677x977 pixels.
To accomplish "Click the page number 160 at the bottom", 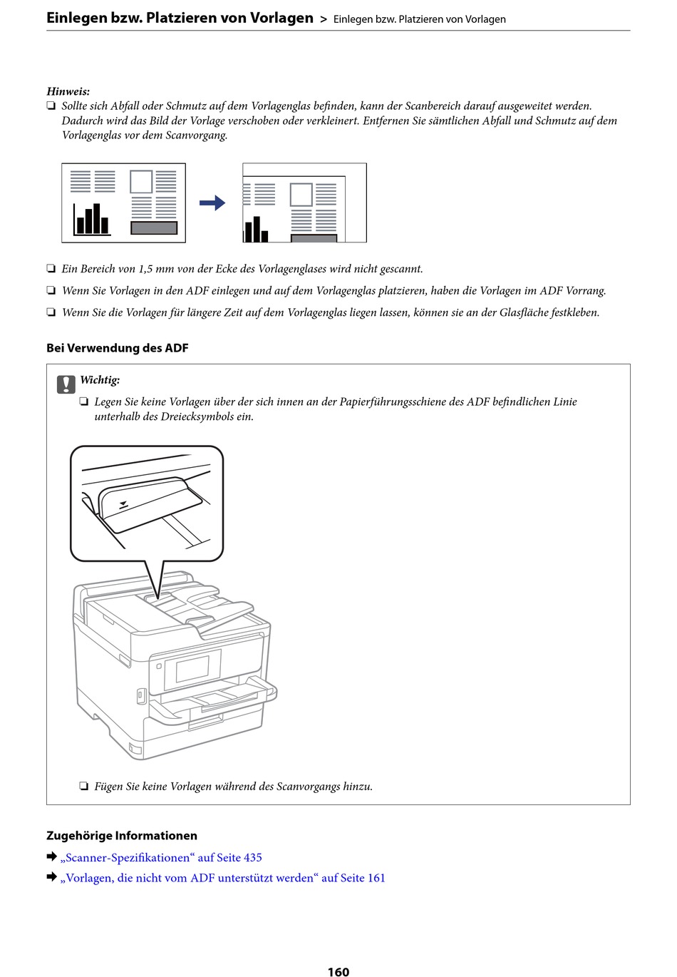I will (x=338, y=971).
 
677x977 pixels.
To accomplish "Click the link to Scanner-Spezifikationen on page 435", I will (x=161, y=857).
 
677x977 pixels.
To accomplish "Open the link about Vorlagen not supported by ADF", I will (x=222, y=878).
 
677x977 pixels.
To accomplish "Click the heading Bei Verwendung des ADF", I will (x=118, y=348).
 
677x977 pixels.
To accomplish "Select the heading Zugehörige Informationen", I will (x=122, y=836).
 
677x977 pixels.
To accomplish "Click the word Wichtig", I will (x=100, y=380).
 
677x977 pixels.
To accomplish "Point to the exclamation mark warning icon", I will (x=66, y=384).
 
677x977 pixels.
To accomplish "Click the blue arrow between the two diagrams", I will (x=212, y=203).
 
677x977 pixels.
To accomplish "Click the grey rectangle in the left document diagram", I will (x=154, y=227).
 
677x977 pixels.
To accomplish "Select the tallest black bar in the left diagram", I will (x=97, y=218).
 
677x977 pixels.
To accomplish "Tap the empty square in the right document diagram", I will (x=301, y=195).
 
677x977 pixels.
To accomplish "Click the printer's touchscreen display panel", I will (x=192, y=670).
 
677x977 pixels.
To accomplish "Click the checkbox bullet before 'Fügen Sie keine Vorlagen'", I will (x=84, y=787).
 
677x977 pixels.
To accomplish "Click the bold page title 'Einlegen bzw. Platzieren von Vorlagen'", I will (x=180, y=18).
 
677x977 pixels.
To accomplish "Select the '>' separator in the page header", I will (x=324, y=19).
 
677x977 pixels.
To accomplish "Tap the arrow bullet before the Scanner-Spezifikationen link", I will (x=51, y=856).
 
